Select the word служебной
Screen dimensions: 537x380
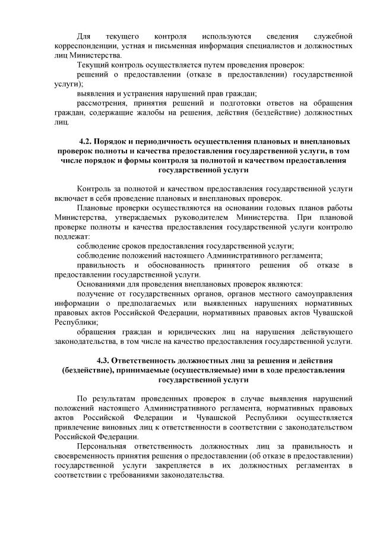[x=332, y=36]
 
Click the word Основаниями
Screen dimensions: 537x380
[x=103, y=284]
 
